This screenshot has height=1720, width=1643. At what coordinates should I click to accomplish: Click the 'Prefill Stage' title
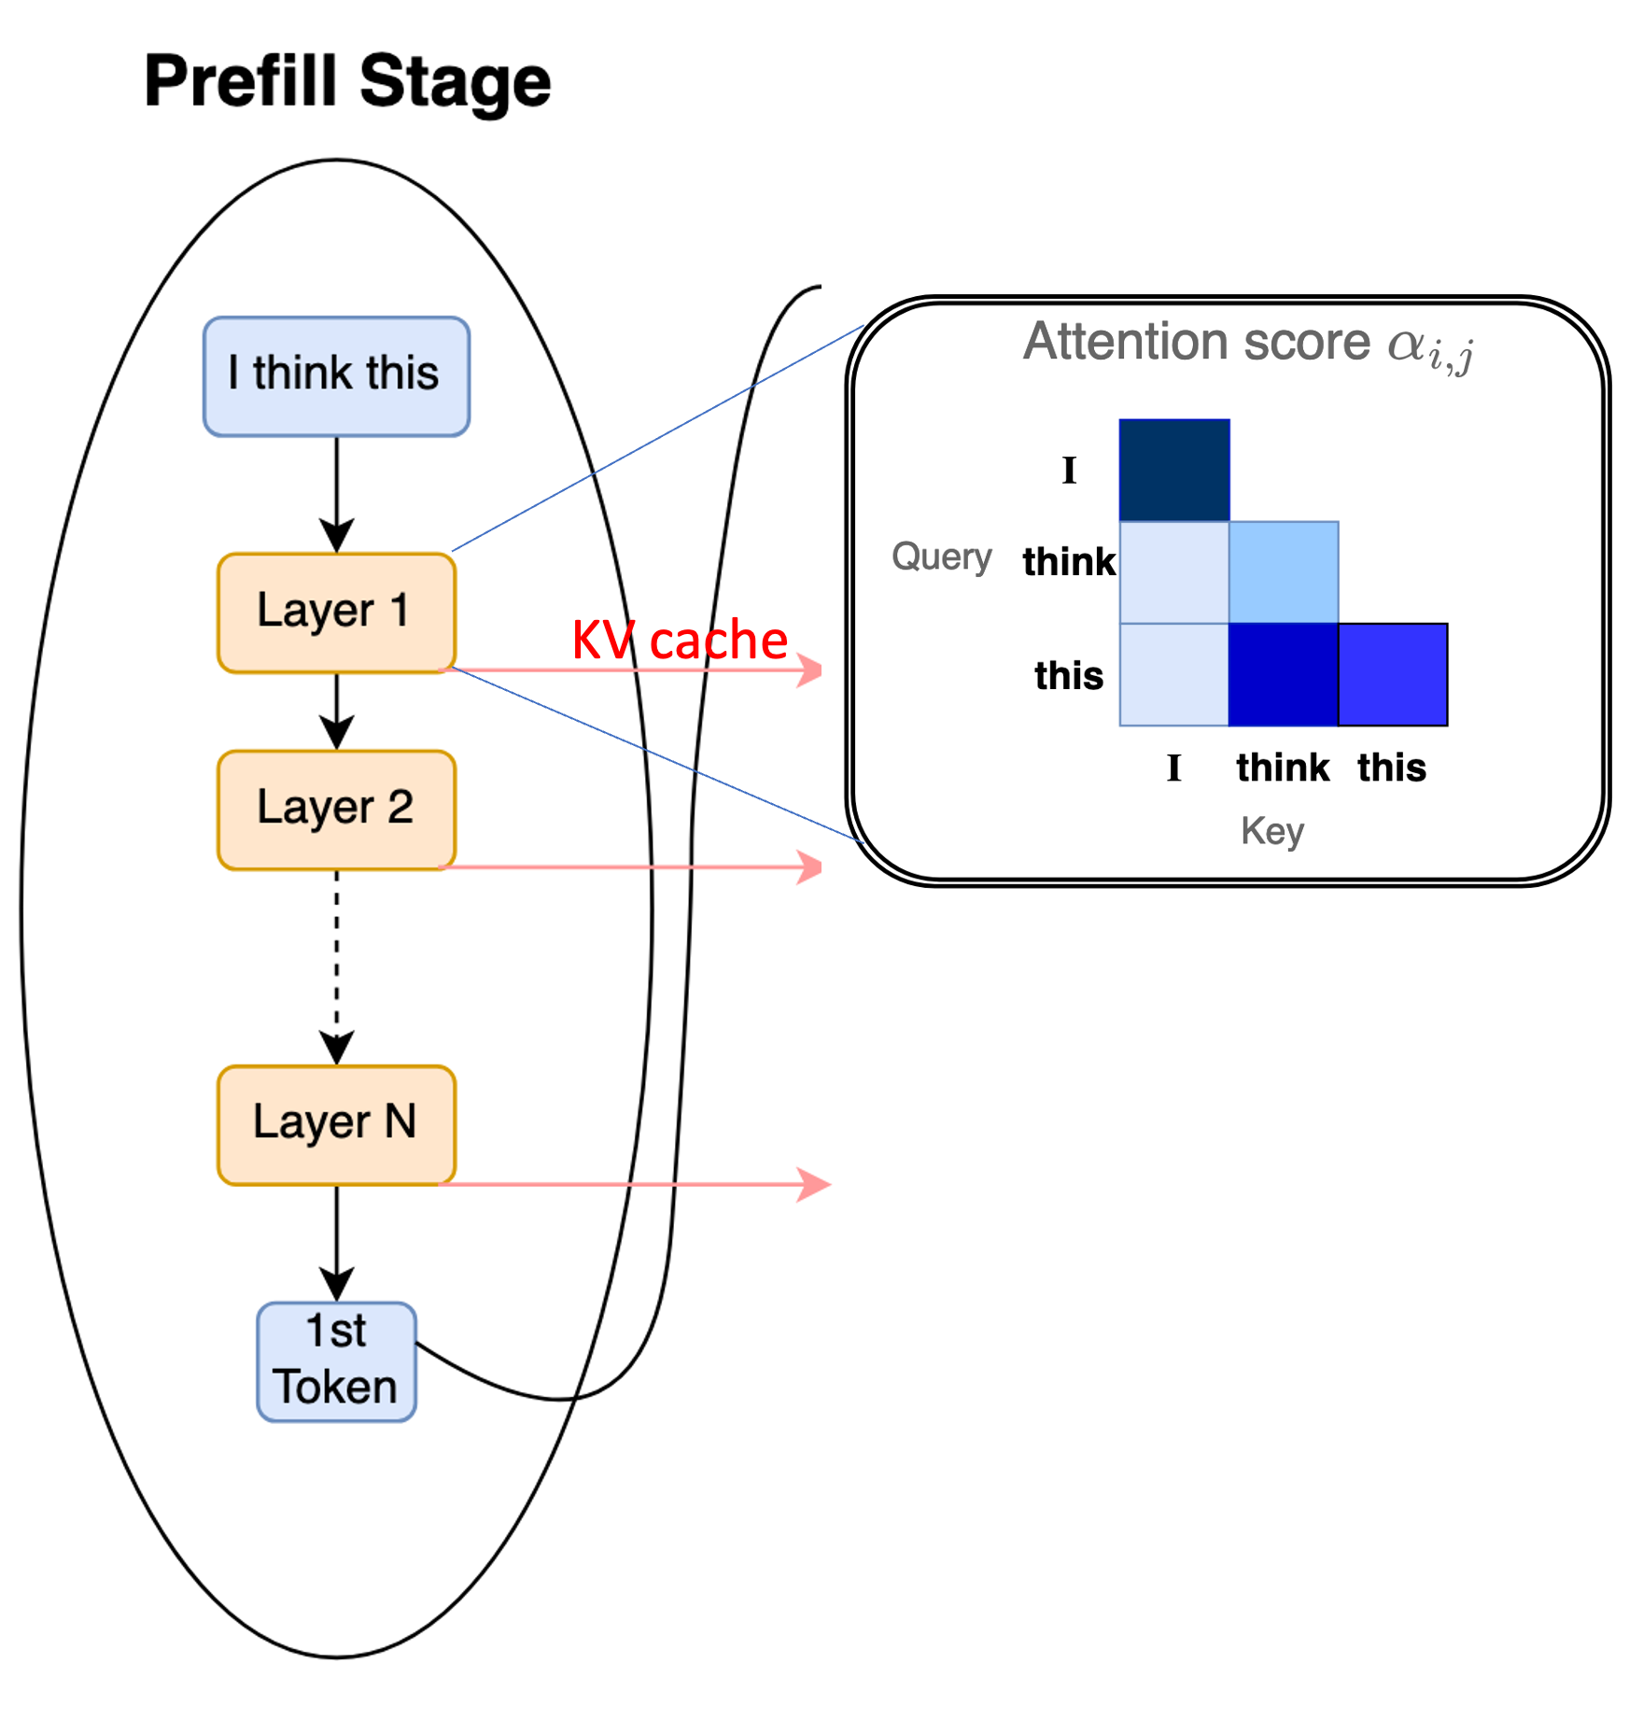pyautogui.click(x=347, y=82)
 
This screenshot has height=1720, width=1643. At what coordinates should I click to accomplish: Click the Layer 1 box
pyautogui.click(x=336, y=613)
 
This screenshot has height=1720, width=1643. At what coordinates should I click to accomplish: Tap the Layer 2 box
pyautogui.click(x=336, y=810)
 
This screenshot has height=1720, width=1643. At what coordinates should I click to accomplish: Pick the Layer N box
pyautogui.click(x=336, y=1124)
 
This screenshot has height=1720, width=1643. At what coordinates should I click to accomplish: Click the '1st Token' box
pyautogui.click(x=336, y=1361)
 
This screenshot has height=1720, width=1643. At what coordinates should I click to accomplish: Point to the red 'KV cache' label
pyautogui.click(x=680, y=641)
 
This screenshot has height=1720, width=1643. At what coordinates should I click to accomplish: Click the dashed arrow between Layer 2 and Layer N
pyautogui.click(x=337, y=962)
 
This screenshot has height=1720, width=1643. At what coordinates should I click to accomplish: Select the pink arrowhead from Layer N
pyautogui.click(x=814, y=1184)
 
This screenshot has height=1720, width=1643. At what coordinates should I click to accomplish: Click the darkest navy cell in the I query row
pyautogui.click(x=1174, y=470)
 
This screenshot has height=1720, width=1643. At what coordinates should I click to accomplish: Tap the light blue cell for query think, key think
pyautogui.click(x=1284, y=571)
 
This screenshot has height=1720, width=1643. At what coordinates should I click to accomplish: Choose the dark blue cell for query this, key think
pyautogui.click(x=1284, y=674)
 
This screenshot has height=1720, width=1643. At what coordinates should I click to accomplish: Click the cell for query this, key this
pyautogui.click(x=1393, y=674)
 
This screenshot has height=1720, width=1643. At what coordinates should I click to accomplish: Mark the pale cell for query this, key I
pyautogui.click(x=1174, y=674)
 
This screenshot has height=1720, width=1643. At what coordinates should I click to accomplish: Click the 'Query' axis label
pyautogui.click(x=941, y=557)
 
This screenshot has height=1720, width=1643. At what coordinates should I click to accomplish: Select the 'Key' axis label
pyautogui.click(x=1272, y=829)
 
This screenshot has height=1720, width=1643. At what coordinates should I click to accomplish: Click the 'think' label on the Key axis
pyautogui.click(x=1283, y=768)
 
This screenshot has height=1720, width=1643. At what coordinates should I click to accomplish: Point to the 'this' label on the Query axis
pyautogui.click(x=1069, y=675)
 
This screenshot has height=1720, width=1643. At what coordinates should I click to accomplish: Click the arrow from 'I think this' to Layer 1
pyautogui.click(x=337, y=495)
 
